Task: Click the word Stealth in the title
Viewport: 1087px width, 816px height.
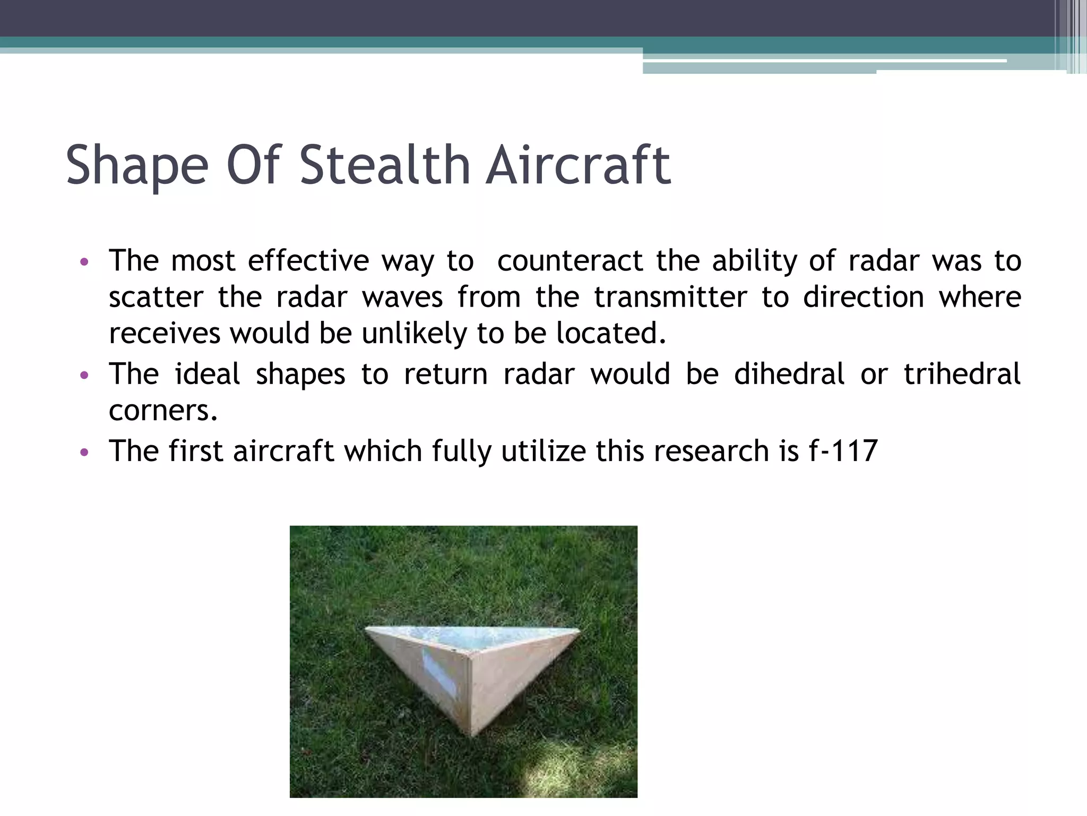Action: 385,166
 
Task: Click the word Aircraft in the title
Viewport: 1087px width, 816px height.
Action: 579,166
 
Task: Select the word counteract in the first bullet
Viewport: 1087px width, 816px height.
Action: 570,261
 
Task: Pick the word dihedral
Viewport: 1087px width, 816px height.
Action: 789,373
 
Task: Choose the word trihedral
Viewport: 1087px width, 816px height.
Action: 962,373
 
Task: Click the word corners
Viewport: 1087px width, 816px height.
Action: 163,411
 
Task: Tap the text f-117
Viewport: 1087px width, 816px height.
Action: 843,451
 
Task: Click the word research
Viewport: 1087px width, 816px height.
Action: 711,451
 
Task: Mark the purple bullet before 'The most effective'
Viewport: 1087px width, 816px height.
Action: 83,262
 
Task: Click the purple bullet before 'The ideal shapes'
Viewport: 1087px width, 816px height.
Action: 83,376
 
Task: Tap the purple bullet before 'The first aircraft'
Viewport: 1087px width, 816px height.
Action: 83,453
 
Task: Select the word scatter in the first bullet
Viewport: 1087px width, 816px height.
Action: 156,297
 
